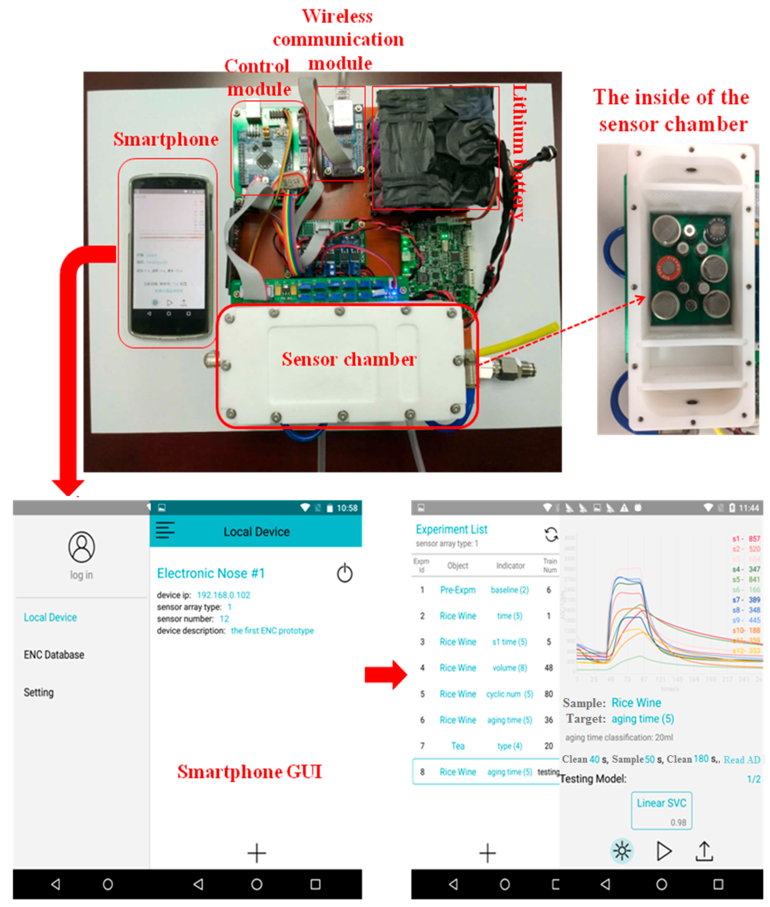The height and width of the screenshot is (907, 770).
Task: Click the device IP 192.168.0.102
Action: pos(223,595)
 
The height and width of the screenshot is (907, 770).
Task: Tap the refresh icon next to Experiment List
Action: pos(551,534)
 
